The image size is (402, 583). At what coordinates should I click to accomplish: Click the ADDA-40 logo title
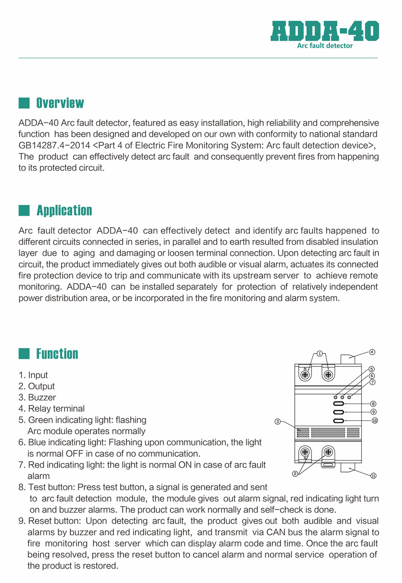pos(325,31)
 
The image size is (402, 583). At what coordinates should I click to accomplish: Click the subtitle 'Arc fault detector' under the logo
pos(325,46)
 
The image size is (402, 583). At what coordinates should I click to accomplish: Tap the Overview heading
pos(60,103)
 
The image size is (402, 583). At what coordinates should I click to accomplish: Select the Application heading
pos(64,210)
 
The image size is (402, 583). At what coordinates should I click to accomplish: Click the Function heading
pos(57,354)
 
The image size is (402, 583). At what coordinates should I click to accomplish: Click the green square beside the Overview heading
pos(24,103)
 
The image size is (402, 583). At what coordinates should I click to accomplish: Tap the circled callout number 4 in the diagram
pos(372,352)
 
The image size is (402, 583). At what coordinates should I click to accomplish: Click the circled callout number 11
pos(374,476)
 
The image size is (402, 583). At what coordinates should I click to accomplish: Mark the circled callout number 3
pos(277,421)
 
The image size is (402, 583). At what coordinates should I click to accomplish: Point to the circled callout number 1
pos(319,353)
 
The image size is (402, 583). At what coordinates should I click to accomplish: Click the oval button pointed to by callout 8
pos(338,404)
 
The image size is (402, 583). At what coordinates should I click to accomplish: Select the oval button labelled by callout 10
pos(338,421)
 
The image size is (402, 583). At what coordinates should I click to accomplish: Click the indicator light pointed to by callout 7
pos(349,397)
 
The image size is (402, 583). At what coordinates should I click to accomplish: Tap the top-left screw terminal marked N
pos(304,375)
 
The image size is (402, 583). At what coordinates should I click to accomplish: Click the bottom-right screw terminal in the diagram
pos(328,451)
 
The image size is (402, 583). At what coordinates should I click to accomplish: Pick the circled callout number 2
pos(295,474)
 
